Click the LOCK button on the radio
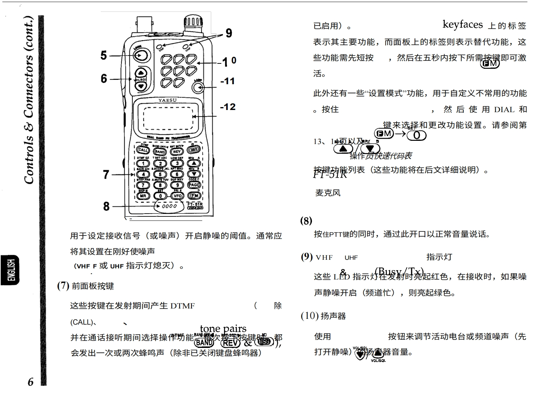point(141,55)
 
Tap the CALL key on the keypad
point(143,150)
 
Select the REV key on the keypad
point(177,152)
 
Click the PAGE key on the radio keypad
point(194,185)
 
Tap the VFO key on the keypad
point(177,196)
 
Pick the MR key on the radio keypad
point(143,196)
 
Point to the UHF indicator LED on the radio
point(185,47)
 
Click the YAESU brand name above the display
point(167,100)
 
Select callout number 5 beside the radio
point(104,56)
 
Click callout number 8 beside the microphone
point(106,206)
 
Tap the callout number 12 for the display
point(228,107)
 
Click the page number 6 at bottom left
point(31,382)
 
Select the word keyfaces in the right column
point(463,24)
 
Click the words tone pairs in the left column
point(223,328)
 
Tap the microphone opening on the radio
point(169,206)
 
